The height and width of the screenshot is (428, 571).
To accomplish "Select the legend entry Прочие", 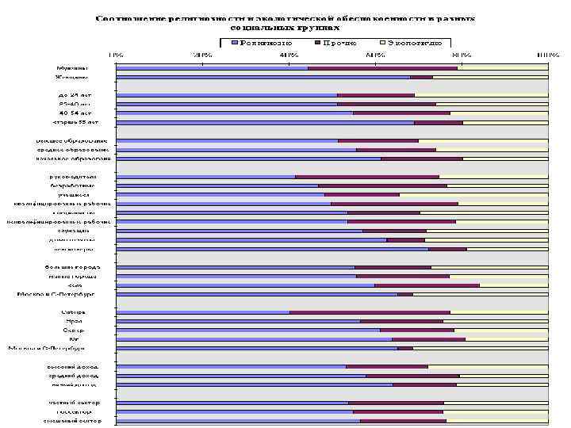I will click(339, 43).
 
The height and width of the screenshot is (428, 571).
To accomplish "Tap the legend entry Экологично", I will click(412, 43).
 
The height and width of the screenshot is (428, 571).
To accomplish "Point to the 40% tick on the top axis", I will click(288, 55).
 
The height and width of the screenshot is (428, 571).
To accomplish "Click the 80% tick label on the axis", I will click(461, 55).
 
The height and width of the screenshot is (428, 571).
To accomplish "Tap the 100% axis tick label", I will click(546, 55).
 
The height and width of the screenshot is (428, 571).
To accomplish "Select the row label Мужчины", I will click(72, 68).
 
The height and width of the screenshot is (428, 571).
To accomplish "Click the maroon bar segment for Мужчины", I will click(382, 68).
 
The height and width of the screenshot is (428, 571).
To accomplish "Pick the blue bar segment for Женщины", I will click(263, 78).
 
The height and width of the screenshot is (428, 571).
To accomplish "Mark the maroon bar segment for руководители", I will click(366, 176).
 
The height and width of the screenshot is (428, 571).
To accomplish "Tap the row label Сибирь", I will click(74, 312).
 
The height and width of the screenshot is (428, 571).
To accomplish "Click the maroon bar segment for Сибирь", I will click(370, 312).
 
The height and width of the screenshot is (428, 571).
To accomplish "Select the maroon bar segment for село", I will click(427, 285).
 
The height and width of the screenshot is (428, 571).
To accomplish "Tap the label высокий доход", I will click(72, 366).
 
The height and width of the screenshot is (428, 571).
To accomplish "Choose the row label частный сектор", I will click(73, 403).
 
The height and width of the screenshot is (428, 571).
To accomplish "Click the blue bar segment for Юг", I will click(254, 339).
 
